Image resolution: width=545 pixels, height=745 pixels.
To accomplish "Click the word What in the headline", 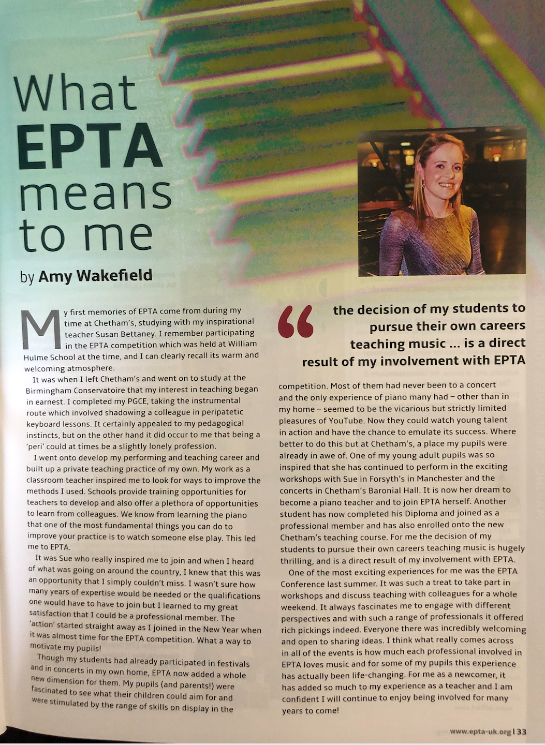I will [75, 94].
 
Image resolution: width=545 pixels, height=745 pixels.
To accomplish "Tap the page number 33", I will [521, 731].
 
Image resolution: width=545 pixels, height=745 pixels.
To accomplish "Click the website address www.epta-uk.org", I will [480, 731].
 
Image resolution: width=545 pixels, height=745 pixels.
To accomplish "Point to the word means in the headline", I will [95, 196].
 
